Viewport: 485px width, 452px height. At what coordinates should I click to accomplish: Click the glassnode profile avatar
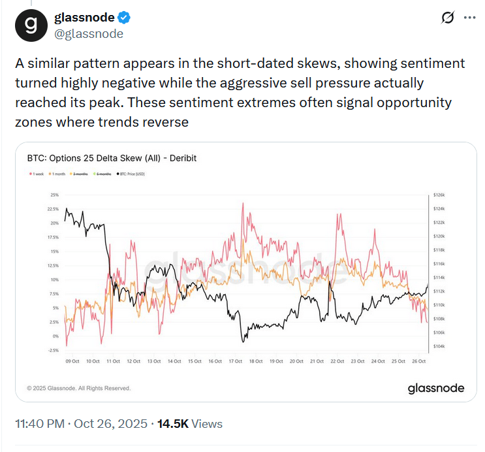pyautogui.click(x=31, y=24)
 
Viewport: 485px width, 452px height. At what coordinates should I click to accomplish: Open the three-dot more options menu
pyautogui.click(x=469, y=18)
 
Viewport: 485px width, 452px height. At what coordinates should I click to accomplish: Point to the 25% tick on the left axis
pyautogui.click(x=54, y=195)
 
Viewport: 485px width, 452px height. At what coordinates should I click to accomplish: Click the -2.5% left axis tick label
pyautogui.click(x=54, y=350)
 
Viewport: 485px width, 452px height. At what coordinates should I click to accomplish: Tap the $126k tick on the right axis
pyautogui.click(x=439, y=195)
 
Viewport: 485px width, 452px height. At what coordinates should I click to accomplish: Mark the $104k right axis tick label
pyautogui.click(x=439, y=346)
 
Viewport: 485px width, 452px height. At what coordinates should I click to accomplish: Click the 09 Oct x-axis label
pyautogui.click(x=72, y=361)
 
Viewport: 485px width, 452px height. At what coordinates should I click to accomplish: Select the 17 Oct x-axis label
pyautogui.click(x=236, y=361)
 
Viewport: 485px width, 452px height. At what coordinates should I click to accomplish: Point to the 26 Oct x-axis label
pyautogui.click(x=419, y=361)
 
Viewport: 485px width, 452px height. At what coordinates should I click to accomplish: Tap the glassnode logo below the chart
pyautogui.click(x=436, y=388)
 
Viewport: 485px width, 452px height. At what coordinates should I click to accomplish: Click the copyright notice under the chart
pyautogui.click(x=79, y=388)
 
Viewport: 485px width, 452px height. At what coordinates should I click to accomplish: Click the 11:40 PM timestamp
pyautogui.click(x=39, y=424)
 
